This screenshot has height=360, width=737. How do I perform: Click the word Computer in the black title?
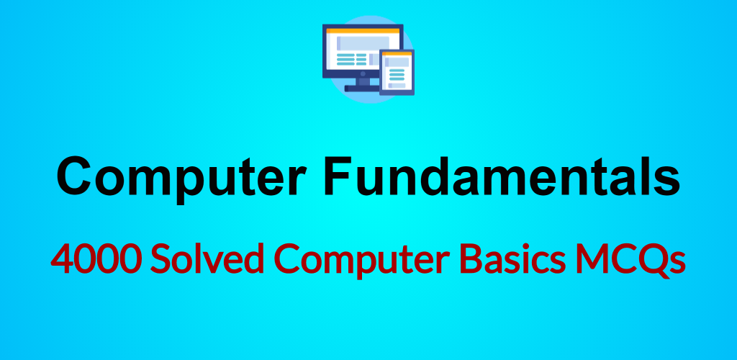[x=181, y=178]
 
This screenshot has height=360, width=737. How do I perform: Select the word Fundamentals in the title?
[x=502, y=176]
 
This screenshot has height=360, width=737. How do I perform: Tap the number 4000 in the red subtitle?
[x=96, y=258]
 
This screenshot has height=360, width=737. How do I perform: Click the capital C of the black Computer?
[x=75, y=177]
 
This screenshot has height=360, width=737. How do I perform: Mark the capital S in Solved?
[x=160, y=259]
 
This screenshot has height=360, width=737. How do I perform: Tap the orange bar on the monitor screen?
[x=363, y=31]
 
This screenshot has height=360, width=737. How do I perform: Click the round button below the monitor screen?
[x=363, y=73]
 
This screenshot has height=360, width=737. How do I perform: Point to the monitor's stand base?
[x=362, y=89]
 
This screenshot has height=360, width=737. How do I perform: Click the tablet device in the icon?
[x=397, y=73]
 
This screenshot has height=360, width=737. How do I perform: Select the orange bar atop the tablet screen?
[x=397, y=54]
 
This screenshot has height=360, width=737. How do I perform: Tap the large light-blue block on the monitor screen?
[x=363, y=42]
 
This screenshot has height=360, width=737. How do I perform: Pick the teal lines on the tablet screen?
[x=397, y=74]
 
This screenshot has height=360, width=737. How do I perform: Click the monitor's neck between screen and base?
[x=363, y=81]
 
